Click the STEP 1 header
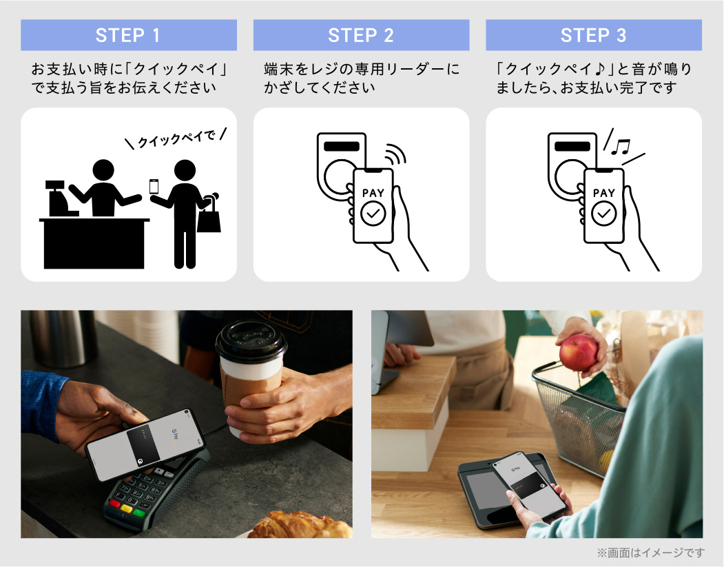pos(128,35)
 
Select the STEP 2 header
pos(361,35)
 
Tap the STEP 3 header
pos(594,35)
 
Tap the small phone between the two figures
pos(154,187)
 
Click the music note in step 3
pos(620,147)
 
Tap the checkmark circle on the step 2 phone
pos(373,214)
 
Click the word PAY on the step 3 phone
pos(604,192)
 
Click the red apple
pos(578,353)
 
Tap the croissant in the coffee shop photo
pos(300,525)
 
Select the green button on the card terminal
pos(138,513)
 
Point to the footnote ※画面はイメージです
pos(651,553)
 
